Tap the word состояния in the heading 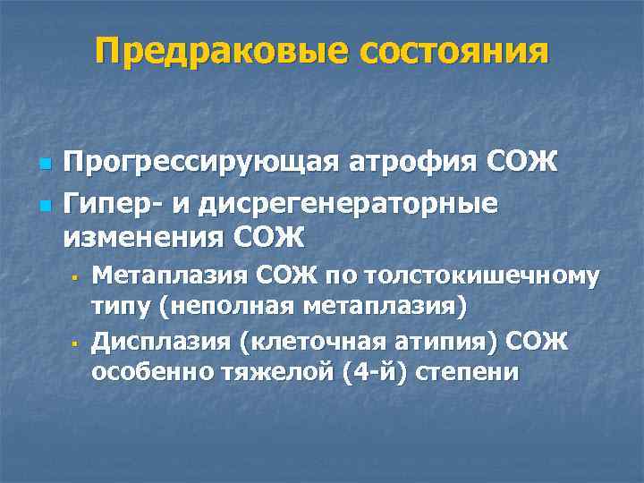pos(453,51)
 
